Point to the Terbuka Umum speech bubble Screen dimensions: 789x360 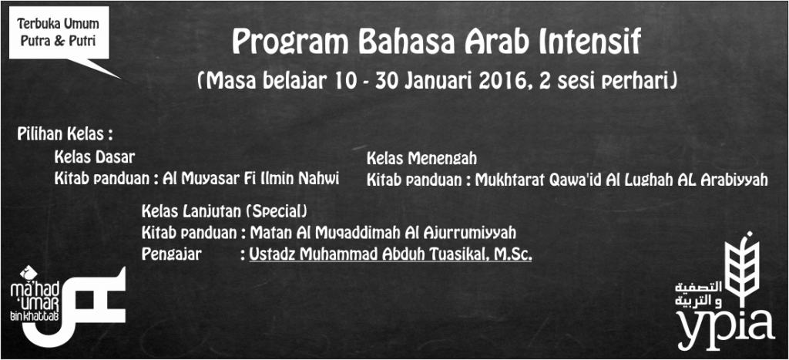59,33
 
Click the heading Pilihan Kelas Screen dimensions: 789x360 64,134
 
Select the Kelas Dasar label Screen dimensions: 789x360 95,157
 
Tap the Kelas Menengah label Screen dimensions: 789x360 421,159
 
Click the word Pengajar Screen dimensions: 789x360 171,254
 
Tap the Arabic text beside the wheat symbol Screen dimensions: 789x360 698,295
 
